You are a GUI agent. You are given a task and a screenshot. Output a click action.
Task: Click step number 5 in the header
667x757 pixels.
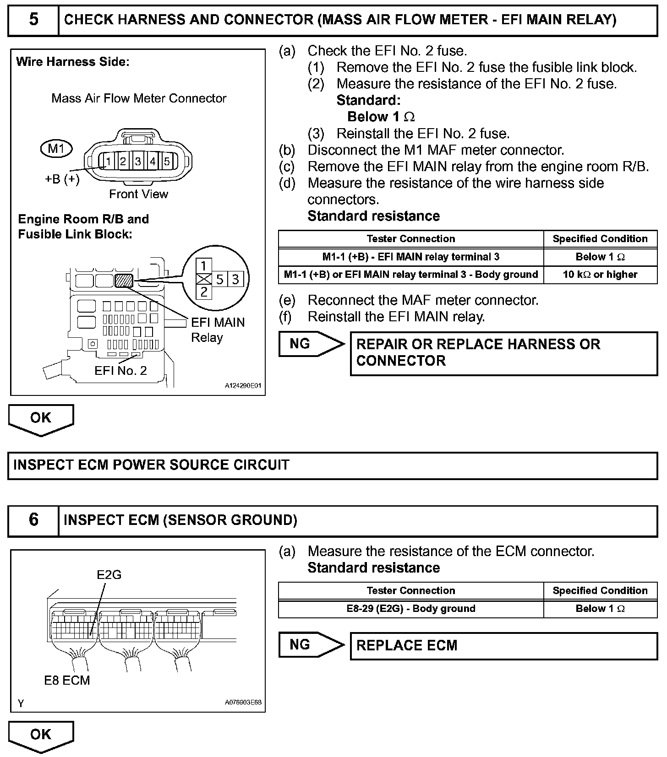[x=33, y=20]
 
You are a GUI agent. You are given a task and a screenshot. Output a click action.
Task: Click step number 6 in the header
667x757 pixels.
[x=33, y=520]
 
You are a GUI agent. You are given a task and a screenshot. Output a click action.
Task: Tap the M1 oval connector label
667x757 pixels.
[x=56, y=148]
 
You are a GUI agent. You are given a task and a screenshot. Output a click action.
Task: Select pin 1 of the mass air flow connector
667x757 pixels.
[x=109, y=161]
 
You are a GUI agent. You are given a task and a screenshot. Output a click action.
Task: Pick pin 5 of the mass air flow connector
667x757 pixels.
[x=167, y=161]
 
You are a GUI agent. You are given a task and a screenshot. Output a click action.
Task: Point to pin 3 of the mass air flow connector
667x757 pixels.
[x=138, y=161]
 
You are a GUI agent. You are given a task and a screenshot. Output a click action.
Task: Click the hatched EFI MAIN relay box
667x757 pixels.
[x=124, y=280]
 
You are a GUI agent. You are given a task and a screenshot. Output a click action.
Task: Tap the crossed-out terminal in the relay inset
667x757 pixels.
[x=204, y=279]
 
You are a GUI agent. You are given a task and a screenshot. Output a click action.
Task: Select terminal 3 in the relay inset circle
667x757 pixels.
[x=235, y=279]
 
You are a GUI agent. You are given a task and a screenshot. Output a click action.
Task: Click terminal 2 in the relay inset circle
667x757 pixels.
[x=204, y=292]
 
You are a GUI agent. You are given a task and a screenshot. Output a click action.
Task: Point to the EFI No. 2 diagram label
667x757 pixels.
[x=120, y=370]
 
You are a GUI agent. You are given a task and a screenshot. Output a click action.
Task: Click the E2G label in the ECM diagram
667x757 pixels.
[x=109, y=574]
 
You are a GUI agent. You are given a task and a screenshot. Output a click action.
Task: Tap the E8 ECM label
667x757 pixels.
[x=67, y=680]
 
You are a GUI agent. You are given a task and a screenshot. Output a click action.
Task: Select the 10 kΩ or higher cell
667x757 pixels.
[x=600, y=275]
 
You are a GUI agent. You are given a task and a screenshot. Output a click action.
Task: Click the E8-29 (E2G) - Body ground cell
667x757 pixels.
[x=411, y=609]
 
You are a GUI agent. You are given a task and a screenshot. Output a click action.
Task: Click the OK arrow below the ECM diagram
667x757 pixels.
[x=41, y=735]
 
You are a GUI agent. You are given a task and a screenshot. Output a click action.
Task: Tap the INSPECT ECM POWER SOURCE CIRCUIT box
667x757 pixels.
[x=333, y=465]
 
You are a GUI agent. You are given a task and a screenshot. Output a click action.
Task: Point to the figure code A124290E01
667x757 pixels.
[x=243, y=386]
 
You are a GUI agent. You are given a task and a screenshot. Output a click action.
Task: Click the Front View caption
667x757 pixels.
[x=138, y=194]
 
